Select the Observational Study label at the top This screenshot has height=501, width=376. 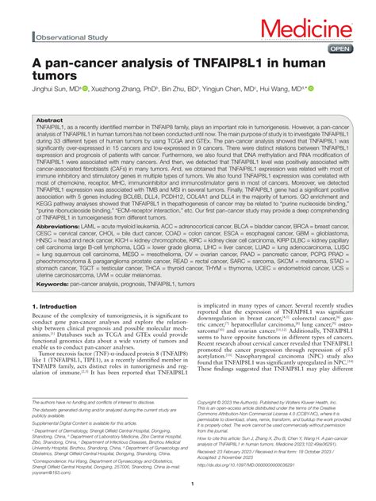71,36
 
